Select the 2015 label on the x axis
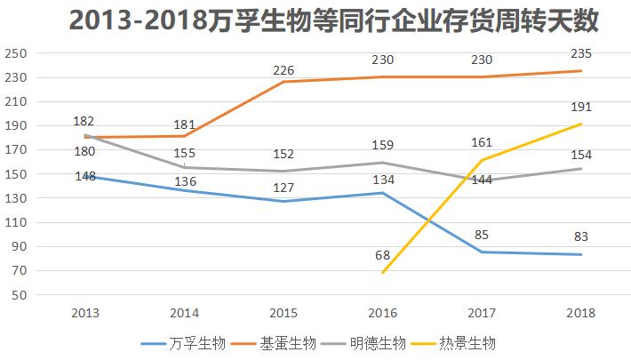[283, 313]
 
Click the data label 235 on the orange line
[581, 54]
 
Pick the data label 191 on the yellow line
[581, 107]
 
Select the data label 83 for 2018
[581, 237]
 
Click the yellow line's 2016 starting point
[383, 272]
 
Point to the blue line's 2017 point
[483, 252]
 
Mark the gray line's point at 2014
[184, 167]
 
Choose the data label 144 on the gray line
[483, 180]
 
